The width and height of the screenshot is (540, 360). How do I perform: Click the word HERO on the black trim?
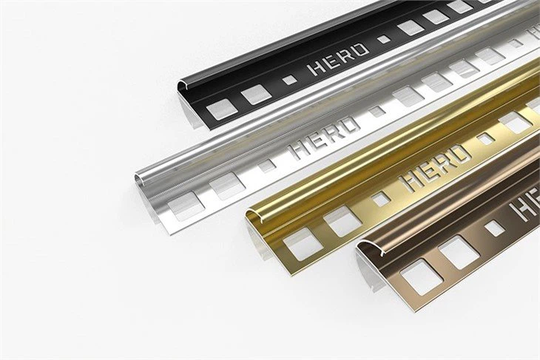337,60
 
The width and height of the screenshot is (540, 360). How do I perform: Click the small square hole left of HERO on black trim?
290,79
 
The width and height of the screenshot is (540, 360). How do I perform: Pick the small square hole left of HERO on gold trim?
379,198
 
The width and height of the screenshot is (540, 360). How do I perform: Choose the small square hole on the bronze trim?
493,228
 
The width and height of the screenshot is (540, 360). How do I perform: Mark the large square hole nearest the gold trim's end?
303,243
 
